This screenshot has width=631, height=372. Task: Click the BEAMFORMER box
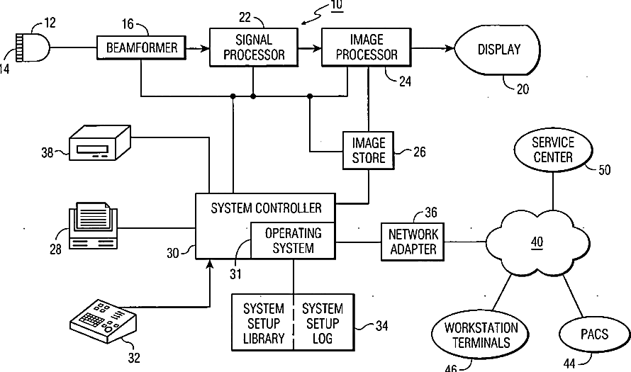click(141, 48)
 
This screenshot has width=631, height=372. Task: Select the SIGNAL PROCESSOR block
click(254, 47)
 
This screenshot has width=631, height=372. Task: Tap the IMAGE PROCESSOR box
click(367, 47)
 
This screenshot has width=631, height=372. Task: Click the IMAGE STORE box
click(368, 150)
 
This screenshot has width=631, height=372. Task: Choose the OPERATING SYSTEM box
click(293, 240)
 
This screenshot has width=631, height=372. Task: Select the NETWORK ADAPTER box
click(413, 242)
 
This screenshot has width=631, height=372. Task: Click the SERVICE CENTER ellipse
click(553, 150)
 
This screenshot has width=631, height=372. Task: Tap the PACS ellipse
click(594, 334)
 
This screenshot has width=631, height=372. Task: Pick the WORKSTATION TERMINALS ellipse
click(481, 335)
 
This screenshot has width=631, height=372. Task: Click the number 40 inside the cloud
click(537, 242)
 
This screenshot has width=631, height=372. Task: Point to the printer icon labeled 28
click(94, 225)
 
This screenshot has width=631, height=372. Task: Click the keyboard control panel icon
click(104, 320)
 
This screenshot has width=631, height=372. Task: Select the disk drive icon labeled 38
click(100, 143)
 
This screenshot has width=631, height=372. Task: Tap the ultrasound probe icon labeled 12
click(32, 47)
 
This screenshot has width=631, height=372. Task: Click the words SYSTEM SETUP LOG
click(323, 323)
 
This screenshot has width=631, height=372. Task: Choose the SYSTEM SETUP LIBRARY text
click(264, 323)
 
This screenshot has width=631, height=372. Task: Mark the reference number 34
click(381, 326)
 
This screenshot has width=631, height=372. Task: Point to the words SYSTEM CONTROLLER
click(266, 208)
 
